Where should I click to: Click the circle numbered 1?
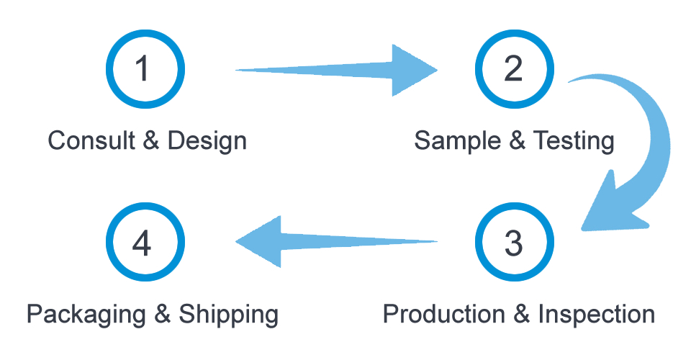145,69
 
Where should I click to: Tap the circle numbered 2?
514,69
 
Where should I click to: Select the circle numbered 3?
514,243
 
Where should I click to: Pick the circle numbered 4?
145,243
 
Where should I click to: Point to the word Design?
207,140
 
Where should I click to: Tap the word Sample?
457,140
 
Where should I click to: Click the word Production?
443,315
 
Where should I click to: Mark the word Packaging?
89,315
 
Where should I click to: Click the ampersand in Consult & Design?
151,140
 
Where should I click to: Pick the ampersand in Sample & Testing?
517,140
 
